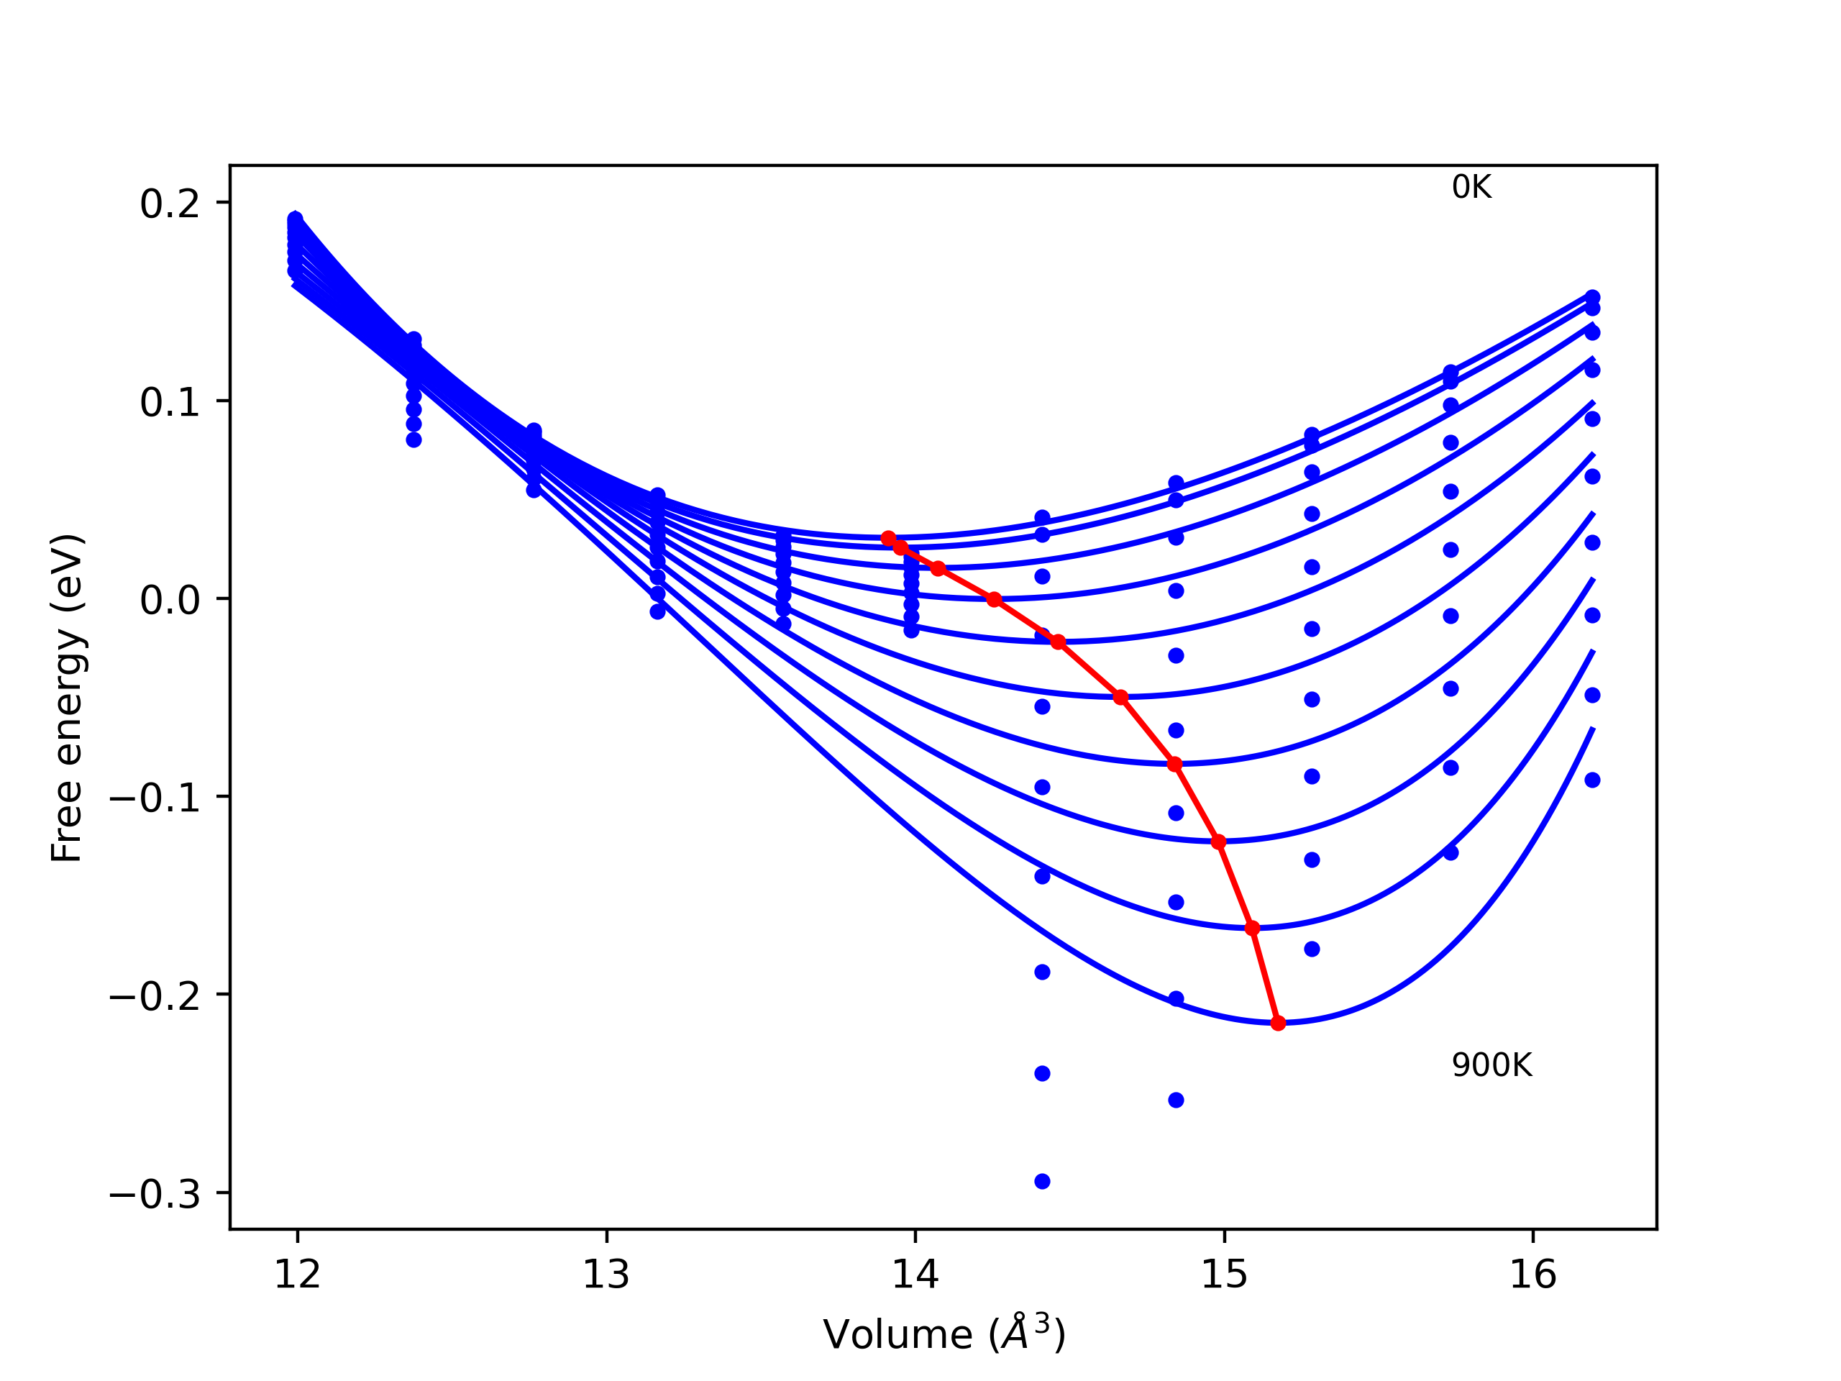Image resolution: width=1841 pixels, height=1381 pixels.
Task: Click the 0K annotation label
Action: [x=1471, y=187]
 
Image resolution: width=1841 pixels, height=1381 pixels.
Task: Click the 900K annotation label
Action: [x=1491, y=1065]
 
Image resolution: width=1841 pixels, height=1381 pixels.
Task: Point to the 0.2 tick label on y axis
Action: [x=170, y=204]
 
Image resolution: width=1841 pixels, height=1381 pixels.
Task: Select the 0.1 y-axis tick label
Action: [x=170, y=402]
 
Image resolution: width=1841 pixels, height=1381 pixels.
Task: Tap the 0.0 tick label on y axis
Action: [x=170, y=600]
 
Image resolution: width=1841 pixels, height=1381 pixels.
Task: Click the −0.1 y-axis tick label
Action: [x=155, y=798]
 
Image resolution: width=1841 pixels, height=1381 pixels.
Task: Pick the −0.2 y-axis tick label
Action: [x=155, y=996]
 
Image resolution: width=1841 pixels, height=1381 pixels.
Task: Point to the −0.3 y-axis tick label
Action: [x=155, y=1195]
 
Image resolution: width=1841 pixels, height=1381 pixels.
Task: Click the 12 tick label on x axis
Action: [x=297, y=1275]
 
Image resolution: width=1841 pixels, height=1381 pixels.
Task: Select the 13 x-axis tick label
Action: [x=606, y=1275]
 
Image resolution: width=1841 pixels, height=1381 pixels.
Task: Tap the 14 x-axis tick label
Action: [x=915, y=1275]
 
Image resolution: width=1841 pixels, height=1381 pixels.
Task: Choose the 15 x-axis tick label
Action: [x=1223, y=1275]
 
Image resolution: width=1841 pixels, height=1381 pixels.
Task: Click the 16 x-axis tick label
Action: [x=1532, y=1275]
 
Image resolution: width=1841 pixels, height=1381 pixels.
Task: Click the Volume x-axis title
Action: [x=944, y=1334]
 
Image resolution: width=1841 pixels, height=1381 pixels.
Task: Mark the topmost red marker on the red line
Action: [x=888, y=539]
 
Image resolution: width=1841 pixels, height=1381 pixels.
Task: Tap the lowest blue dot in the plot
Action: [x=1042, y=1181]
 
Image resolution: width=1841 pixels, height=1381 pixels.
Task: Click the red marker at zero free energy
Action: [x=994, y=599]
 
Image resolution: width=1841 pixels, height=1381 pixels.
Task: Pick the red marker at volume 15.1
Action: [x=1252, y=928]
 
